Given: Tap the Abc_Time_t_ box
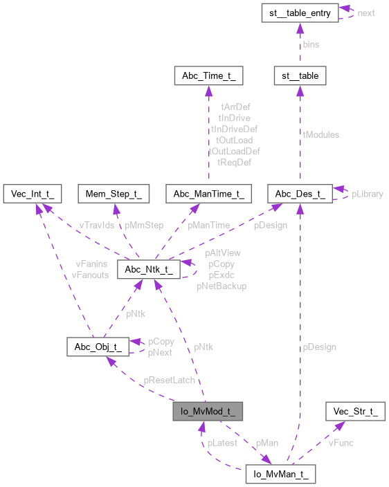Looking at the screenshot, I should tap(208, 75).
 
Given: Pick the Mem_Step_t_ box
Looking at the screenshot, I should tap(114, 194).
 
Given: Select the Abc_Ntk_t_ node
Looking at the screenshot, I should tap(150, 269).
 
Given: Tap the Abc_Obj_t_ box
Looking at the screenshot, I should tap(97, 347).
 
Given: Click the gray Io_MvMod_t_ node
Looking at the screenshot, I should tap(208, 413).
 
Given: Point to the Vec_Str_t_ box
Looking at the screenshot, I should tap(354, 413).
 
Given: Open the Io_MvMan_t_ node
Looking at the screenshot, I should tap(281, 475).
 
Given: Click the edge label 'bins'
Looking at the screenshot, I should tap(311, 44).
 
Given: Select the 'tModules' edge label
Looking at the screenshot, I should tap(320, 134).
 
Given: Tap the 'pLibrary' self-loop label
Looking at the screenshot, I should tap(367, 194).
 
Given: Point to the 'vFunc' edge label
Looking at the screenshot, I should tap(341, 443).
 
